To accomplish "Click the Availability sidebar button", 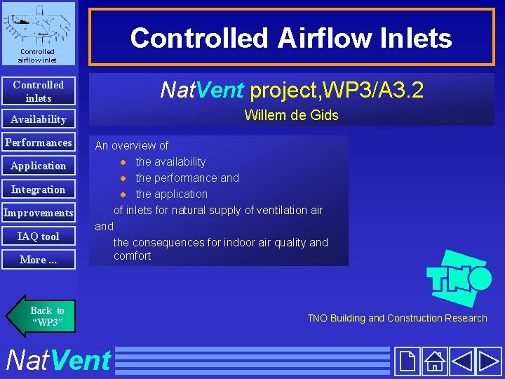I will (38, 119).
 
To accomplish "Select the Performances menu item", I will (38, 142).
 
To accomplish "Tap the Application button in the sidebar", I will (38, 166).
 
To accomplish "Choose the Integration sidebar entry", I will (38, 189).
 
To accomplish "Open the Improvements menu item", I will (38, 213).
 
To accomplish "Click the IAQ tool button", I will (38, 237).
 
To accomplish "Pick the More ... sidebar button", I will (38, 260).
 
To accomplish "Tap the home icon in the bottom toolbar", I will (435, 361).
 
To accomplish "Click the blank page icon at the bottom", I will (406, 361).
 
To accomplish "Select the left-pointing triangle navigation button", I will (462, 361).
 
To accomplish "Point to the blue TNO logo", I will (459, 278).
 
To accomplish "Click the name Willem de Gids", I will (291, 116).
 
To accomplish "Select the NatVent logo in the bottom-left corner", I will (58, 360).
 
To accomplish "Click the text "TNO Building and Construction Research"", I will (397, 318).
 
